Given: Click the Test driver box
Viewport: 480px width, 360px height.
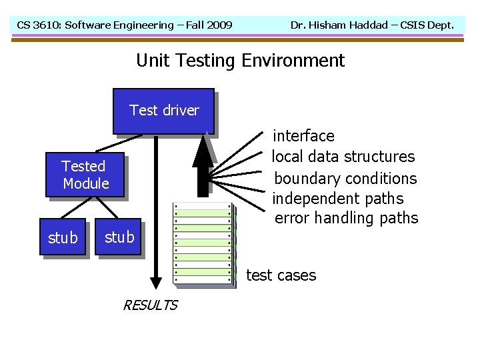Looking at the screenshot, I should click(x=163, y=111).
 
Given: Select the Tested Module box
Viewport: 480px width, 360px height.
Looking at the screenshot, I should click(x=85, y=175).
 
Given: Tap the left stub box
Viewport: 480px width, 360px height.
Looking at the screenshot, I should click(x=63, y=237).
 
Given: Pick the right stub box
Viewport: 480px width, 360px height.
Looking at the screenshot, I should click(x=119, y=237).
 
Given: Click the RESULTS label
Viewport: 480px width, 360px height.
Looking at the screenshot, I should click(x=150, y=305).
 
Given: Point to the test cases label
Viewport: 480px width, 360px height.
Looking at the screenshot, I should click(x=281, y=275).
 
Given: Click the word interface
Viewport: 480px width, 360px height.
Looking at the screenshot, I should click(x=304, y=136).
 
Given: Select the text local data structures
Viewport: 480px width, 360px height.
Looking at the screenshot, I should click(x=344, y=157).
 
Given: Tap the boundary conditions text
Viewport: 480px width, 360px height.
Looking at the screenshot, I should click(x=345, y=179).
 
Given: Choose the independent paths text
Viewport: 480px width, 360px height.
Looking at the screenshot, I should click(x=338, y=199).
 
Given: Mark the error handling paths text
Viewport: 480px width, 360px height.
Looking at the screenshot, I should click(x=346, y=218).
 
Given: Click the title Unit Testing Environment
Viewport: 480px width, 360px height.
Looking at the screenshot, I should click(x=240, y=61).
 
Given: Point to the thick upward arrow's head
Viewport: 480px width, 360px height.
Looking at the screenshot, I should click(x=203, y=150).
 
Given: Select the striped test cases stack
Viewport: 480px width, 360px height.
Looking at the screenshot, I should click(x=203, y=243).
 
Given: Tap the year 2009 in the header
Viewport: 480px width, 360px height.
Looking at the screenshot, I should click(x=219, y=25).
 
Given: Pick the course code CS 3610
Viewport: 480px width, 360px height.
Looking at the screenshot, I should click(x=37, y=25).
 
